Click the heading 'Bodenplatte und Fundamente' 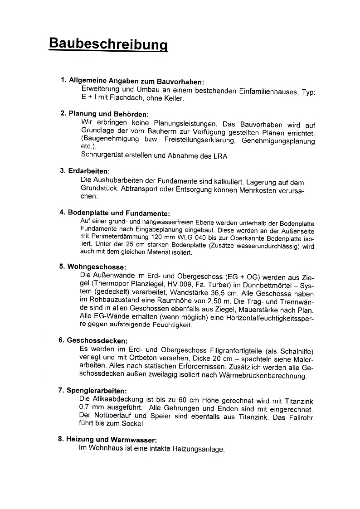[x=118, y=213]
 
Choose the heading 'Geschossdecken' [x=97, y=340]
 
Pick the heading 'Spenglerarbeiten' [x=97, y=390]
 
